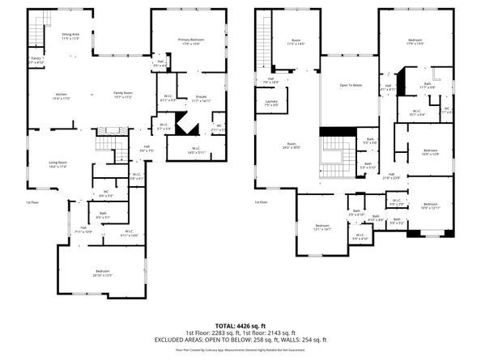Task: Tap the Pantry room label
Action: click(x=36, y=60)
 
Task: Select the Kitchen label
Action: click(x=60, y=95)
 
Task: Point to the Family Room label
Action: click(x=124, y=95)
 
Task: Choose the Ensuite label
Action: click(x=201, y=99)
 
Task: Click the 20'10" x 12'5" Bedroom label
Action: click(x=103, y=273)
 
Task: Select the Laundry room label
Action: click(x=270, y=103)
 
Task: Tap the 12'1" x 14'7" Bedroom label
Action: click(x=322, y=227)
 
